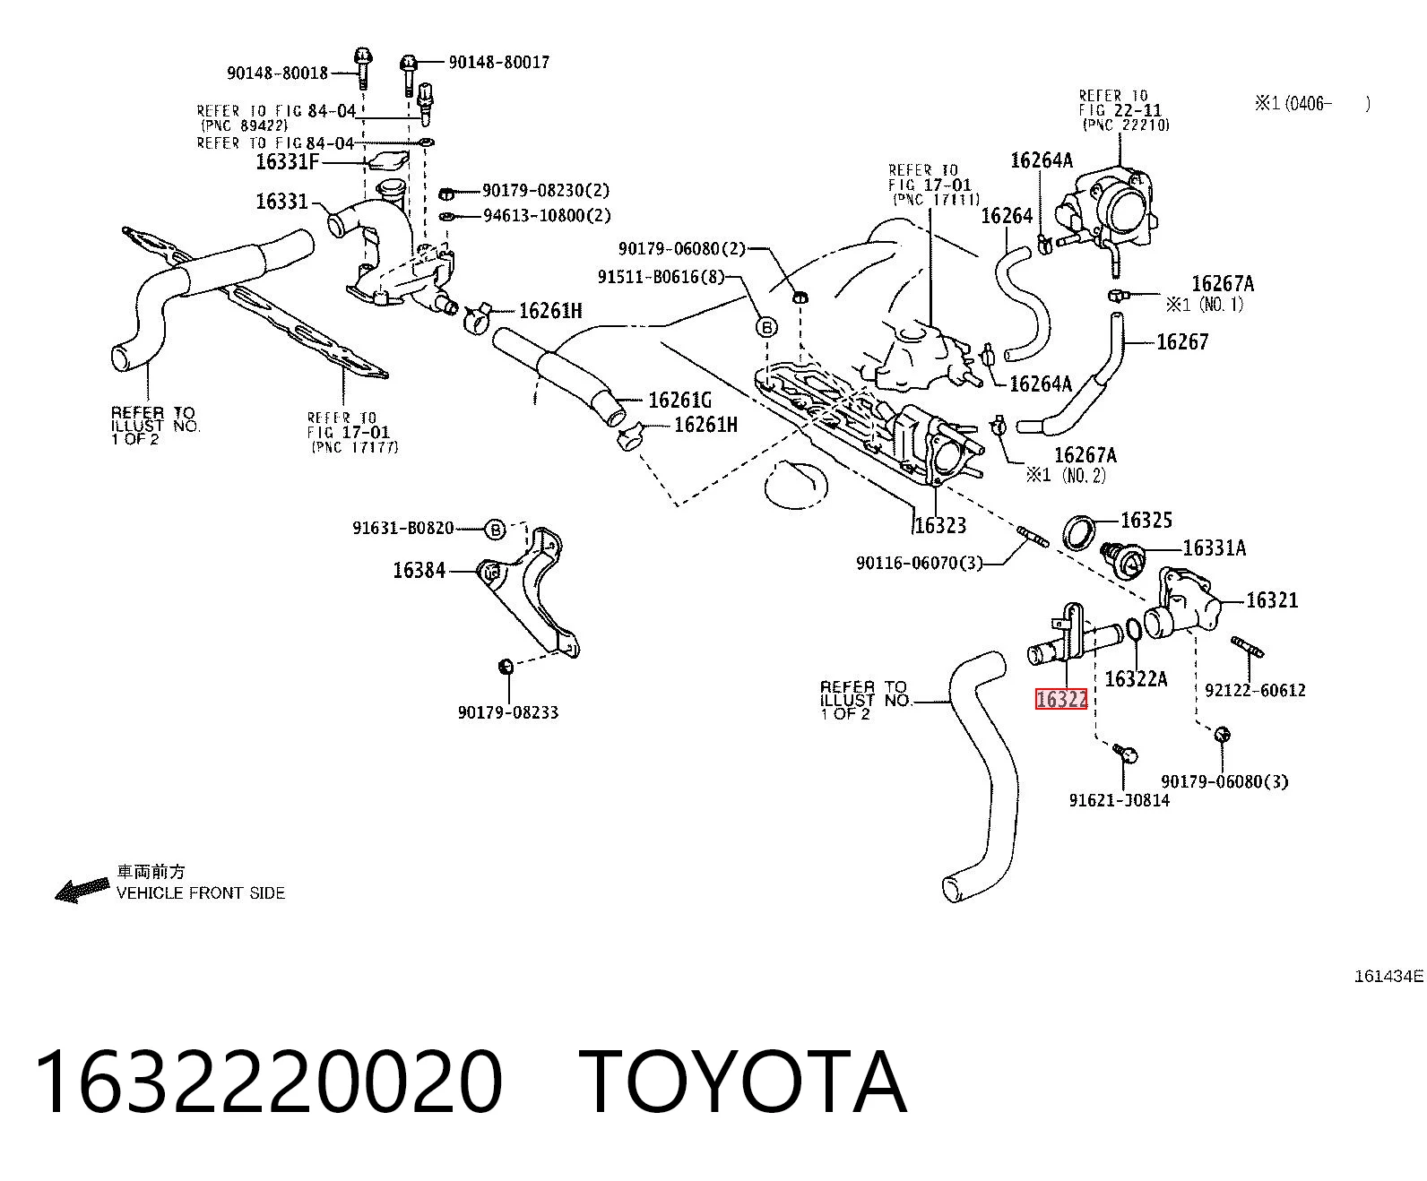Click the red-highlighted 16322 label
[x=1060, y=699]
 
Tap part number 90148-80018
[x=278, y=73]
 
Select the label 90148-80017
[x=499, y=62]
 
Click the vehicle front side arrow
[x=82, y=890]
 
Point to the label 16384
[x=419, y=570]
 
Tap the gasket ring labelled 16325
[x=1080, y=533]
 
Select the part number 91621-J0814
[x=1120, y=799]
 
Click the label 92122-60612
[x=1255, y=690]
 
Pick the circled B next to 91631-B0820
[x=495, y=530]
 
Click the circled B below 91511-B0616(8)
[x=766, y=327]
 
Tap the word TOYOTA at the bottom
[x=743, y=1082]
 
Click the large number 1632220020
[x=269, y=1082]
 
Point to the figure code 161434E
[x=1388, y=976]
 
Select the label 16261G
[x=680, y=400]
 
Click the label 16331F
[x=288, y=162]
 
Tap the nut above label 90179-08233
[x=506, y=665]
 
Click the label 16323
[x=940, y=525]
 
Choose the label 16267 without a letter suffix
[x=1182, y=341]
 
